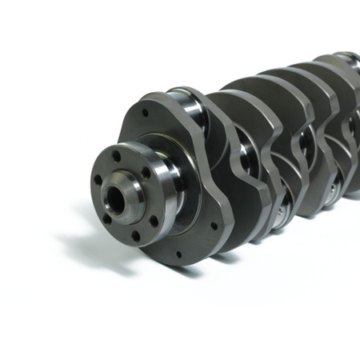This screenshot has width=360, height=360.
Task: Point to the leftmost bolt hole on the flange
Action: click(x=97, y=179)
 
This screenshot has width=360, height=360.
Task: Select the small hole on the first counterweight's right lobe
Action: click(x=212, y=226)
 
